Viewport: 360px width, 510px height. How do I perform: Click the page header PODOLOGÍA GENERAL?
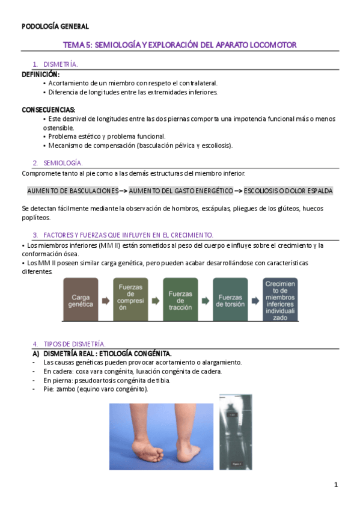click(x=55, y=26)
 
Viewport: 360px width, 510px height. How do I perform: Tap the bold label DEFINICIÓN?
click(x=40, y=73)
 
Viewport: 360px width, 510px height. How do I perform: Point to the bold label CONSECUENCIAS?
click(x=49, y=109)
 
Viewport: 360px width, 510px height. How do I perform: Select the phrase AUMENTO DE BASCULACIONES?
click(x=73, y=191)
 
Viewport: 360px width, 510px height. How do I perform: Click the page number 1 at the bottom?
click(x=337, y=485)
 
